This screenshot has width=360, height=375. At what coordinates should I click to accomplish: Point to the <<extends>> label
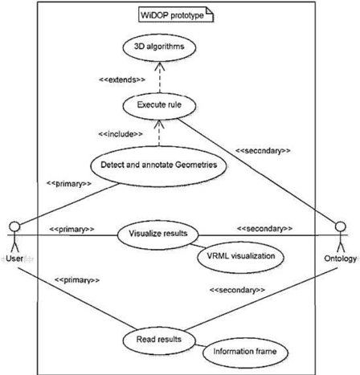click(x=122, y=79)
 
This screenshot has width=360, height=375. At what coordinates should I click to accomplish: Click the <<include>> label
click(x=121, y=134)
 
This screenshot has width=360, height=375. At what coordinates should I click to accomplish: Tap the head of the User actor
click(x=14, y=226)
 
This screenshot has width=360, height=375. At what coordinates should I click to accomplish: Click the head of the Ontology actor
click(x=341, y=226)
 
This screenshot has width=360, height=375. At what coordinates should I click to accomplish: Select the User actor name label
click(x=14, y=259)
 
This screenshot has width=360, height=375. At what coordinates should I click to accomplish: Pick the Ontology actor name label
click(x=341, y=259)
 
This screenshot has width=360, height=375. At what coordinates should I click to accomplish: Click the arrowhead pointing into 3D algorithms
click(x=160, y=66)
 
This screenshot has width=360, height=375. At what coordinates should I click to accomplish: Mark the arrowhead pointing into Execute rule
click(x=160, y=124)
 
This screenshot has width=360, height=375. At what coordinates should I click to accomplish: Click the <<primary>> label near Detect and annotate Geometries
click(x=69, y=184)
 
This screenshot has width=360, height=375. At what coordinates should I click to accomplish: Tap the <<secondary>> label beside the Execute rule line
click(x=263, y=151)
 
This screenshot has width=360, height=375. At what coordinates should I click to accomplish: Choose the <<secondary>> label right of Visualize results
click(x=264, y=229)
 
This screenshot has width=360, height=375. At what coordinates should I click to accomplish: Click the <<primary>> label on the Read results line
click(x=77, y=280)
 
